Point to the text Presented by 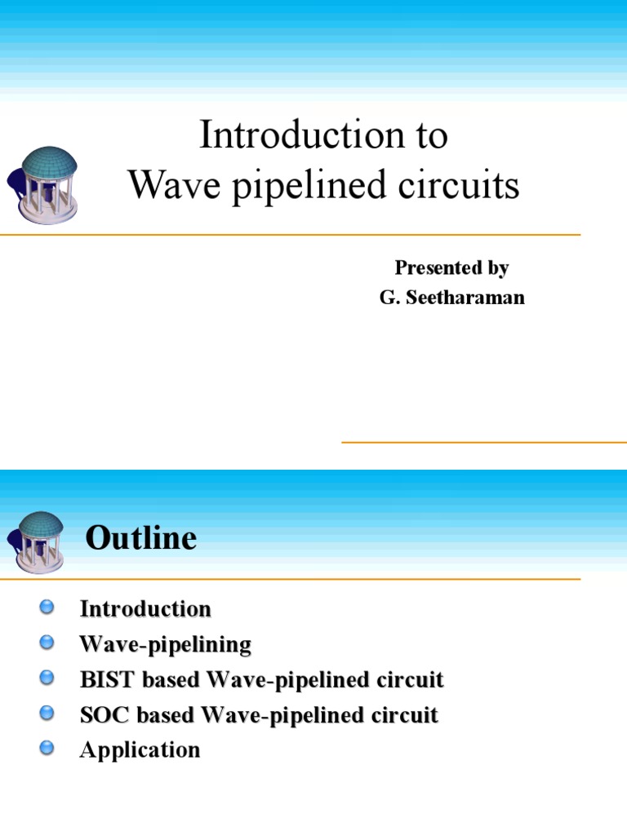[451, 267]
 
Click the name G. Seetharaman [451, 298]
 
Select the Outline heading [141, 538]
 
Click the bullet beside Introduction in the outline [47, 607]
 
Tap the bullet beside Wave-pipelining [47, 643]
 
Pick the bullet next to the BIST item [47, 678]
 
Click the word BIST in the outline [100, 679]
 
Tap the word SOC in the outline [99, 715]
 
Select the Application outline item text [140, 750]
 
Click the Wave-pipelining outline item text [165, 644]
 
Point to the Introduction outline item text [145, 608]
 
